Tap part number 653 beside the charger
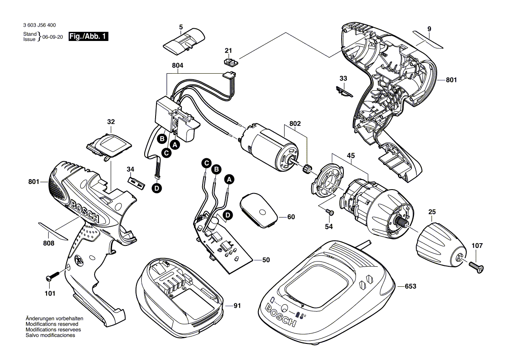coord(411,286)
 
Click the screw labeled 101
coord(52,276)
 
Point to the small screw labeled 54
coord(329,212)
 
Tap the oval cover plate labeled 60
coord(258,211)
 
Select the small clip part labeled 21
coord(231,61)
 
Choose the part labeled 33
coord(344,92)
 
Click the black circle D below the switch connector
coord(157,188)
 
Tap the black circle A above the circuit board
coord(229,179)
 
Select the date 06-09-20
coord(53,37)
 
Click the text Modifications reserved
coord(52,324)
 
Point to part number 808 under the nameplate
coord(49,243)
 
